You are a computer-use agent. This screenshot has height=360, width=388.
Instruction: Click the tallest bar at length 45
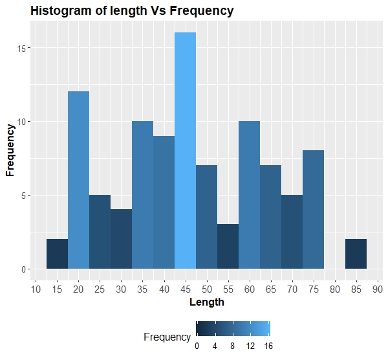click(x=185, y=150)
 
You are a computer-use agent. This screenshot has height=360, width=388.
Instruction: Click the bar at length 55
click(x=228, y=247)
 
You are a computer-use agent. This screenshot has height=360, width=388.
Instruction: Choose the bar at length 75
click(x=313, y=210)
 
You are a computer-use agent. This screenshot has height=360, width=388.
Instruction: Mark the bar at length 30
click(x=121, y=239)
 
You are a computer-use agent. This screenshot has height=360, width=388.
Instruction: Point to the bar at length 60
click(x=249, y=195)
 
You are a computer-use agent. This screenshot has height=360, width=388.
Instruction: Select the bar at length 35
click(x=142, y=195)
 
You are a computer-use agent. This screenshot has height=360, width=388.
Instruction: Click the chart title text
click(x=132, y=11)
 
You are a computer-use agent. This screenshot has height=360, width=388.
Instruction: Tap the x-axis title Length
click(x=206, y=302)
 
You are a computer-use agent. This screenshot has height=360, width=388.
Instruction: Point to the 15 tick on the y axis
click(x=22, y=49)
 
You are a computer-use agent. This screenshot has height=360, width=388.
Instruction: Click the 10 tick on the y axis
click(x=22, y=122)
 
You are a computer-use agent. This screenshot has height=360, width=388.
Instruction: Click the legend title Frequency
click(x=167, y=337)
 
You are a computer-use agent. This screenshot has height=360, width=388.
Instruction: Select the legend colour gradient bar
click(x=233, y=329)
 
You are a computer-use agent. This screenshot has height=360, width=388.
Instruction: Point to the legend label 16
click(x=268, y=346)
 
